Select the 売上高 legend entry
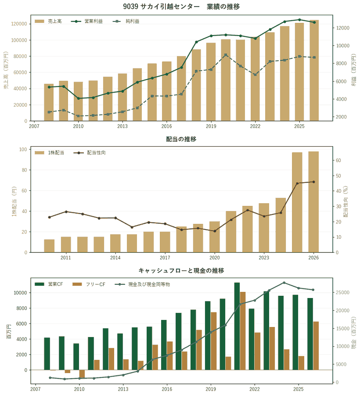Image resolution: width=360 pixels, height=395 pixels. [x=48, y=21]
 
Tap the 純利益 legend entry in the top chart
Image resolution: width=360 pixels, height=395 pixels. [x=126, y=21]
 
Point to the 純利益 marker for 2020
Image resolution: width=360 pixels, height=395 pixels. [x=226, y=55]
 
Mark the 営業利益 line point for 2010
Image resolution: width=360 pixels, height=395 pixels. [x=78, y=98]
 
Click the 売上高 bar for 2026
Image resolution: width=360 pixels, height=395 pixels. [x=314, y=70]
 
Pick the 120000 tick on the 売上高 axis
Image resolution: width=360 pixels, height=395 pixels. [x=19, y=24]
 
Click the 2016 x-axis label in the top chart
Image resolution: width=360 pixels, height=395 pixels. [x=166, y=126]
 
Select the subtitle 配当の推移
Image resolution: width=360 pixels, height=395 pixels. [x=181, y=139]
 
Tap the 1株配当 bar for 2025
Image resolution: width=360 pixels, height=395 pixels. [x=297, y=202]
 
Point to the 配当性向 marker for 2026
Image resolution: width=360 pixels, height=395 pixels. [x=313, y=182]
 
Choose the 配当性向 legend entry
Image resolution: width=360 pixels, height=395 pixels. [x=90, y=153]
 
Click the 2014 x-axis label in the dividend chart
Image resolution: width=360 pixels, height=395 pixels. [x=115, y=258]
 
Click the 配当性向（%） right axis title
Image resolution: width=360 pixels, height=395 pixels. [x=346, y=201]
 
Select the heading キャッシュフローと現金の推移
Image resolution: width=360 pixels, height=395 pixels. [x=181, y=270]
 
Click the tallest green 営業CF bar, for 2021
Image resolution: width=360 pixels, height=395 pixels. [x=237, y=326]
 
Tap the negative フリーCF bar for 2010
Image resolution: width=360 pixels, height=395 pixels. [x=82, y=374]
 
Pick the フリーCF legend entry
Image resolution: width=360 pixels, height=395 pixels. [x=89, y=284]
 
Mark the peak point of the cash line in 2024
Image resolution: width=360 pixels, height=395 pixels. [x=284, y=283]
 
